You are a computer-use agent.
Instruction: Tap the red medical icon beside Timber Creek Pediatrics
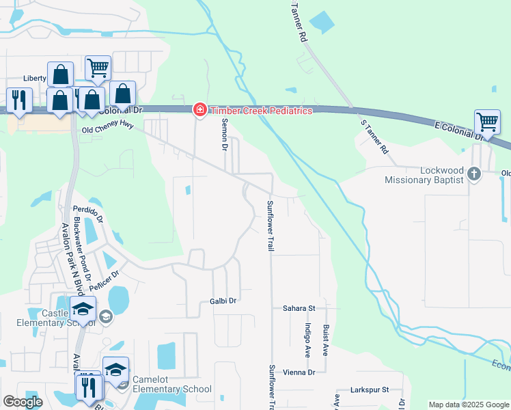point(199,110)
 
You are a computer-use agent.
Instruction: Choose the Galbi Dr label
point(223,301)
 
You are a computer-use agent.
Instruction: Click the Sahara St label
point(299,309)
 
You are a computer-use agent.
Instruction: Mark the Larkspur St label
point(369,389)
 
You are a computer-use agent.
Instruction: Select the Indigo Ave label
point(308,340)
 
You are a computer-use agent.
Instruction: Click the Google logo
point(23,402)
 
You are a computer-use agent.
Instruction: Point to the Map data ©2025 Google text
point(468,405)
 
